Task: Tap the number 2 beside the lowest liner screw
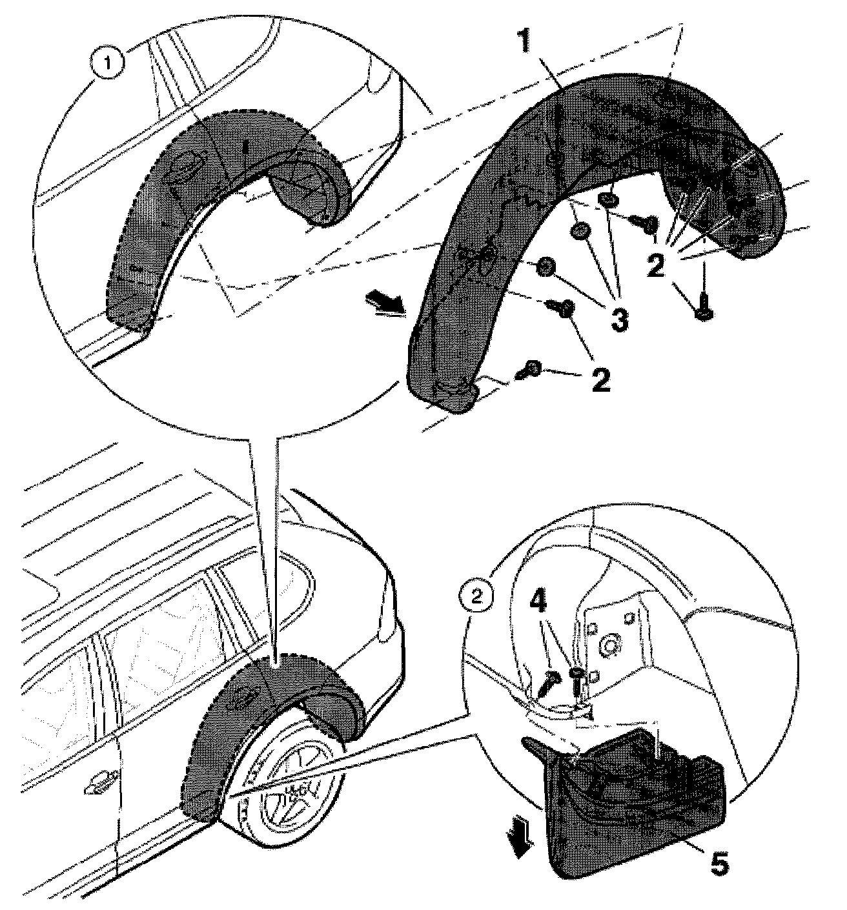pos(600,380)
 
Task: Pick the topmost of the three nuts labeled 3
pos(607,201)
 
